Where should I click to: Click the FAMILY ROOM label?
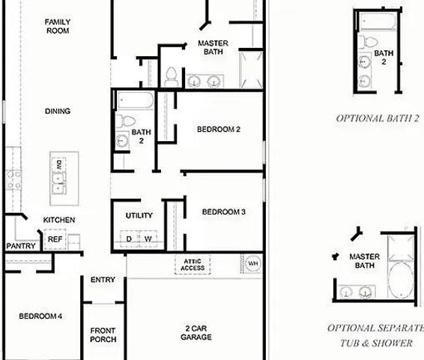tap(58, 27)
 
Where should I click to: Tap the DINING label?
tap(58, 111)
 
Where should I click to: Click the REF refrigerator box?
tap(55, 239)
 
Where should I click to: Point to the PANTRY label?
tap(20, 246)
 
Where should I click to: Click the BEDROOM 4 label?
tap(40, 316)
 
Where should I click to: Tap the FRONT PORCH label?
tap(103, 335)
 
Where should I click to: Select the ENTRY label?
tap(103, 280)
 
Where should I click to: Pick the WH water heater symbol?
tap(253, 265)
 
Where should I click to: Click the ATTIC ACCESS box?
tap(193, 265)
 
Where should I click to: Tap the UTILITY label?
tap(139, 215)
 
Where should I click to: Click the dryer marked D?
tap(129, 238)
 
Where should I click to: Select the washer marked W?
tap(148, 238)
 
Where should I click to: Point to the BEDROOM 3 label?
tap(224, 212)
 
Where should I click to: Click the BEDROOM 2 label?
tap(218, 129)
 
